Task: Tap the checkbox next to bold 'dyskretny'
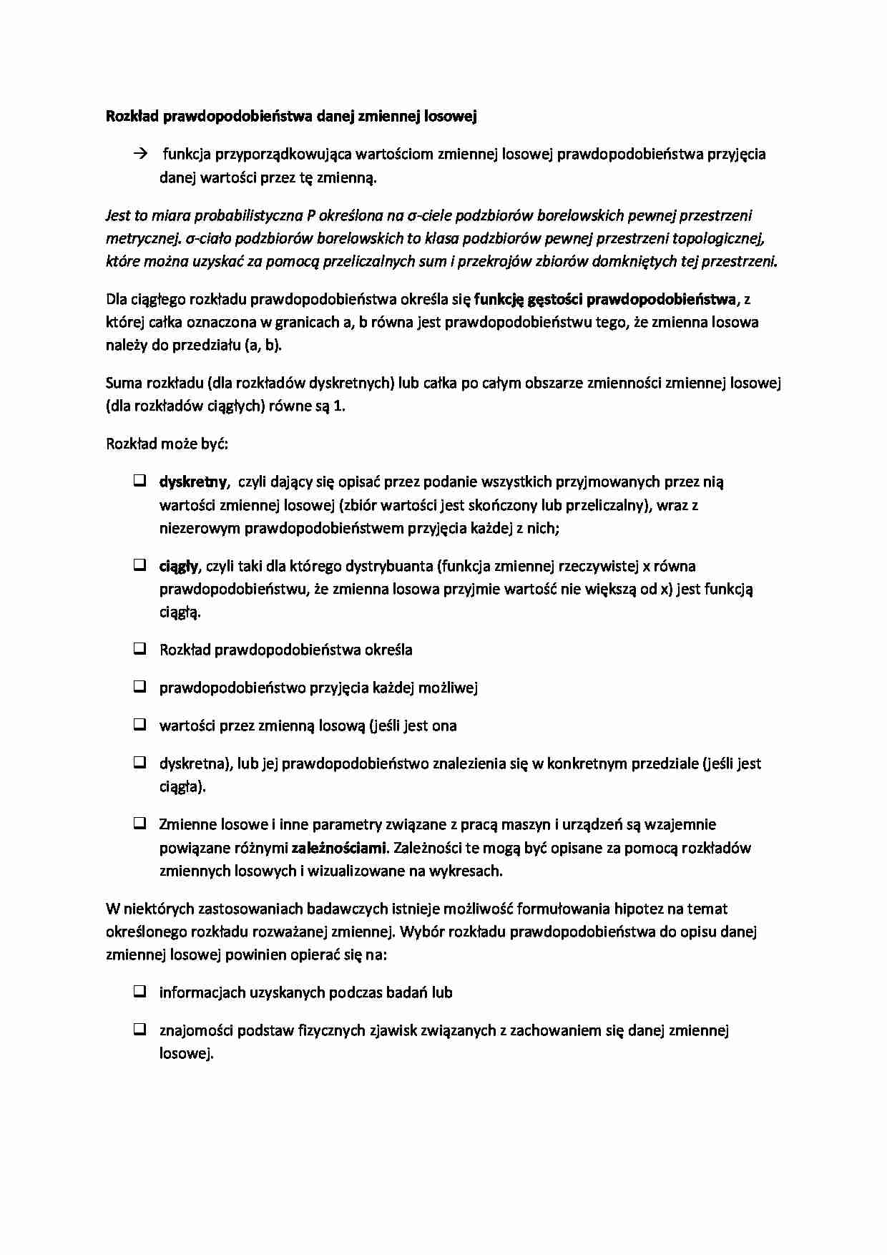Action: point(139,481)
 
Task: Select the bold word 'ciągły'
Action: point(178,567)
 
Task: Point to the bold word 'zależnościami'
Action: point(338,848)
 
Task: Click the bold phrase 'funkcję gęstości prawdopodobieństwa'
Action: point(604,298)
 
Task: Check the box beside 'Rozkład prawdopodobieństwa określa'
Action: point(139,649)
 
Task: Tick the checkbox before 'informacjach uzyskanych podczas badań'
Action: point(139,992)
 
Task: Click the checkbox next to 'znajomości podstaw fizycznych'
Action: point(139,1030)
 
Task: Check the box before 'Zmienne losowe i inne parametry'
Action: point(139,824)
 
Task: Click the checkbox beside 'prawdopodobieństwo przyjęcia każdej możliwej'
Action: point(139,687)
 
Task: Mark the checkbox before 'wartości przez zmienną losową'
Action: point(139,725)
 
